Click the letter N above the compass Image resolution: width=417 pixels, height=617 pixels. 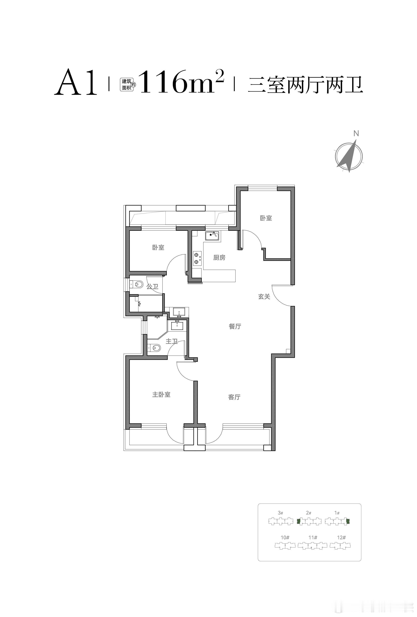click(356, 134)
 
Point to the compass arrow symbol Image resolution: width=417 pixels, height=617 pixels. click(348, 156)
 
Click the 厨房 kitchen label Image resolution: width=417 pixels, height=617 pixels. click(219, 258)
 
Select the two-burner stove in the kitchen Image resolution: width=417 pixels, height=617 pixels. click(197, 259)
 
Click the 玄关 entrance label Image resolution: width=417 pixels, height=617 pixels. click(264, 296)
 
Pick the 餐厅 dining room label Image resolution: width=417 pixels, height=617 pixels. click(235, 326)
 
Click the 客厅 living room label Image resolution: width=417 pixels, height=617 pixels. click(234, 397)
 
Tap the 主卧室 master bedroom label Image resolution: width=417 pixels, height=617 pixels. click(161, 395)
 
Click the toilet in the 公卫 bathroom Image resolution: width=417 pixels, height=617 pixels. click(137, 285)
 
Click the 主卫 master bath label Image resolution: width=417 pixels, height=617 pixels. click(171, 341)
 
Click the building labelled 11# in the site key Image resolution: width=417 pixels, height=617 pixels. click(313, 546)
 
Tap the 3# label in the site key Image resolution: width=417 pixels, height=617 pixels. click(280, 513)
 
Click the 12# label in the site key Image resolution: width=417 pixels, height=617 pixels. click(341, 537)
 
